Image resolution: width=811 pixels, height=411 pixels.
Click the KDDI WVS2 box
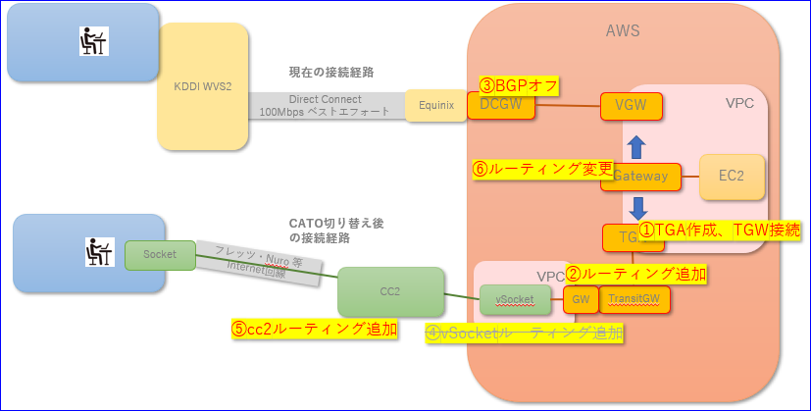point(202,86)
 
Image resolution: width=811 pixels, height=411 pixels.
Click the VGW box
point(631,105)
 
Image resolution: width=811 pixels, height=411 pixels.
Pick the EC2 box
point(731,177)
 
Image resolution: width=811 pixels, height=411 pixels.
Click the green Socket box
point(160,254)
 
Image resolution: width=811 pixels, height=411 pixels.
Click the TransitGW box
point(634,299)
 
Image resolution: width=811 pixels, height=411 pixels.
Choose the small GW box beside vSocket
point(580,299)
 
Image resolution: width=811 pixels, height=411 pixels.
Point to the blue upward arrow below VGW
point(635,145)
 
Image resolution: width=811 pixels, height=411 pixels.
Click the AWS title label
point(623,30)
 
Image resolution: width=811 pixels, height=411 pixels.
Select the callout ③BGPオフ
point(519,86)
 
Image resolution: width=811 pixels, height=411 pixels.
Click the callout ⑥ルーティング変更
point(542,169)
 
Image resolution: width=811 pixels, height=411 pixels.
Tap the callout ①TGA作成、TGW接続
point(720,231)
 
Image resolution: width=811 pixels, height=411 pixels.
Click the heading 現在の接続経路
point(330,72)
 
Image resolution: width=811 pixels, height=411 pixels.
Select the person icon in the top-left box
point(93,40)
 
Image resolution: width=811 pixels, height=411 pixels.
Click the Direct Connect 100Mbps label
point(325,105)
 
